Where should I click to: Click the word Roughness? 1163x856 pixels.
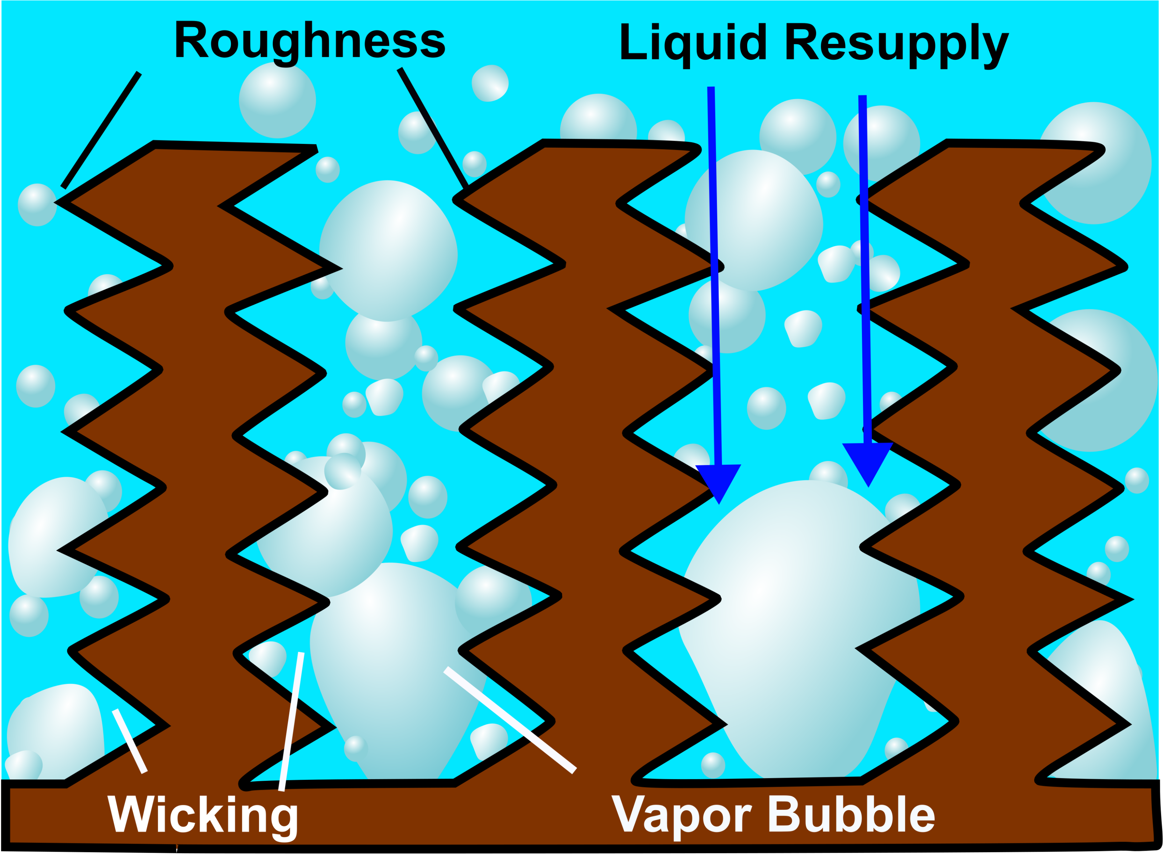(x=309, y=42)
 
